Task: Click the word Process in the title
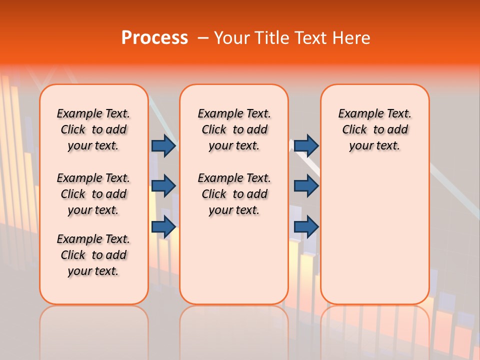[x=154, y=38]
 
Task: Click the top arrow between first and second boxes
[x=163, y=145]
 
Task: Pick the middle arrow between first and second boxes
[x=163, y=186]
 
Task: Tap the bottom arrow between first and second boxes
[x=163, y=227]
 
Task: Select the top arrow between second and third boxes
[x=306, y=145]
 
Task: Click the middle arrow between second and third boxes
[x=306, y=186]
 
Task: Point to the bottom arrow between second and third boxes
[x=306, y=227]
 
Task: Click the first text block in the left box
[x=93, y=129]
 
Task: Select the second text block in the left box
[x=93, y=194]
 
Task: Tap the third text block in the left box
[x=93, y=255]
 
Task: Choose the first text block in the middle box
[x=234, y=129]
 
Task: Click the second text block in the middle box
[x=234, y=194]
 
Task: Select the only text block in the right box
[x=374, y=129]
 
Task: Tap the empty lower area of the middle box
[x=234, y=260]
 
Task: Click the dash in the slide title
[x=203, y=38]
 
